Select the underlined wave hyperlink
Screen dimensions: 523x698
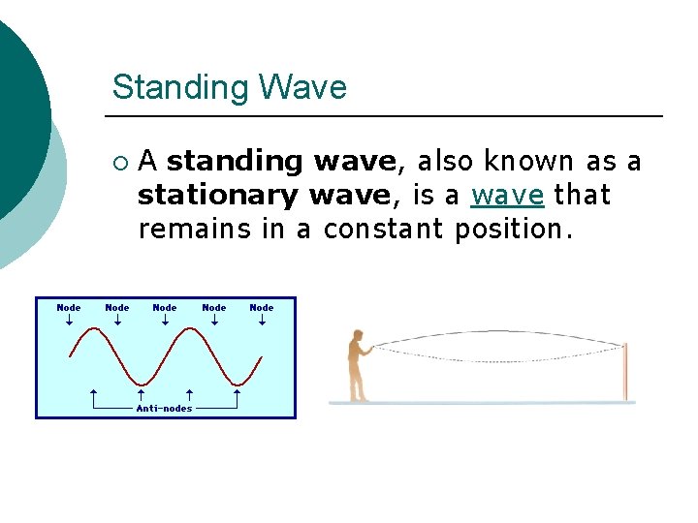pyautogui.click(x=507, y=196)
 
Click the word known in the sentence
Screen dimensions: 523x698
pyautogui.click(x=526, y=161)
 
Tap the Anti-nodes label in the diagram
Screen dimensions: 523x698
pyautogui.click(x=164, y=408)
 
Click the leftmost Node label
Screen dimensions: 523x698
pyautogui.click(x=69, y=308)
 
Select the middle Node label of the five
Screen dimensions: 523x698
pyautogui.click(x=165, y=308)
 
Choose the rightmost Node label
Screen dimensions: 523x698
pyautogui.click(x=262, y=308)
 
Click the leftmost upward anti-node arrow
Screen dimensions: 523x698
pyautogui.click(x=92, y=395)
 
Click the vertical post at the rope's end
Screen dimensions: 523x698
pyautogui.click(x=625, y=371)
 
